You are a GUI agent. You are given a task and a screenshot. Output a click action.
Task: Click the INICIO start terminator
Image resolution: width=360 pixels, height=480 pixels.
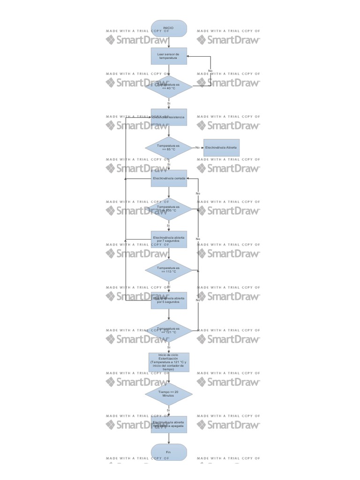[169, 28]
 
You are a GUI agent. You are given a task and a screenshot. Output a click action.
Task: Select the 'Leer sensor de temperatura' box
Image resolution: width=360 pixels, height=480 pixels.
[169, 56]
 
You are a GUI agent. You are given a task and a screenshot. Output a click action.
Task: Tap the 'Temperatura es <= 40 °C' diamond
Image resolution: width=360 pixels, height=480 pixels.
[169, 86]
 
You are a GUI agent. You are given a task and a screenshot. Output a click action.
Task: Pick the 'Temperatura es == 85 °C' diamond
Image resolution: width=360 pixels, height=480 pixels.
[169, 148]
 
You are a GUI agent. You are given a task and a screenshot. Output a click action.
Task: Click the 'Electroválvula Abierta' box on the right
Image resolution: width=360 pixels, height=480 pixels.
[221, 148]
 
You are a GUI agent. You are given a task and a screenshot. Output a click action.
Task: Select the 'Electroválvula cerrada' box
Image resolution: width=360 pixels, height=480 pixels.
[169, 178]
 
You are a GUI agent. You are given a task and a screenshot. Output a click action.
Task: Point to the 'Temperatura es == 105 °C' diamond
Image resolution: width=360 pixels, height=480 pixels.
[169, 209]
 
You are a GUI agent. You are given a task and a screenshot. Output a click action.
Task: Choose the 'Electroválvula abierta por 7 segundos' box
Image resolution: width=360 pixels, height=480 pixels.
[169, 239]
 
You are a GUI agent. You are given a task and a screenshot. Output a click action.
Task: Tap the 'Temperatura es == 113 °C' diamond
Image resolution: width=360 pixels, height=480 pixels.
[169, 270]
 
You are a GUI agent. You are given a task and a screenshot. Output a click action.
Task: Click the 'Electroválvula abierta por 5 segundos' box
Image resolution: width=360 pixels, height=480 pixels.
[169, 300]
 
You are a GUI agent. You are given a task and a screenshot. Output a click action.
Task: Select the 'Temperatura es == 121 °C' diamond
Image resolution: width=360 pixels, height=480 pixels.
[169, 331]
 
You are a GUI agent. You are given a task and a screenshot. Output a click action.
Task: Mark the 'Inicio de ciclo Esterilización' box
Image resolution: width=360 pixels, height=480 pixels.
[169, 362]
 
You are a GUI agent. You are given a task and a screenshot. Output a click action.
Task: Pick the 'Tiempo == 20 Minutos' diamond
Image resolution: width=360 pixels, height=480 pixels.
[169, 393]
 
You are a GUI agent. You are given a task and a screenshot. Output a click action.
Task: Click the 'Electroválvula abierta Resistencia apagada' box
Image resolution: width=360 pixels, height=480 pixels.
[169, 424]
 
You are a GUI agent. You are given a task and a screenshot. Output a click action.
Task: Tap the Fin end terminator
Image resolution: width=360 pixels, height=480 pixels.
[169, 452]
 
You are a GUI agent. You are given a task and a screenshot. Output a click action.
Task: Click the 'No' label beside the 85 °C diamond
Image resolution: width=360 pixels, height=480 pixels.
[197, 148]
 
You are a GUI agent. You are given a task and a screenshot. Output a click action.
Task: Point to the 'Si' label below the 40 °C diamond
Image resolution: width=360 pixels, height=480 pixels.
[169, 103]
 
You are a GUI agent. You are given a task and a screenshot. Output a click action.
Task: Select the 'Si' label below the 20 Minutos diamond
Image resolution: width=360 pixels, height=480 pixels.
[169, 410]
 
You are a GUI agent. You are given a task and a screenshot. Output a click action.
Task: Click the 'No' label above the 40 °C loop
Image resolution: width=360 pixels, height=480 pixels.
[210, 70]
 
